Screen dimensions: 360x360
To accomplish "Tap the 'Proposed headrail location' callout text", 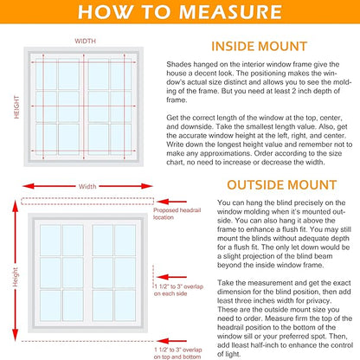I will (173, 213).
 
